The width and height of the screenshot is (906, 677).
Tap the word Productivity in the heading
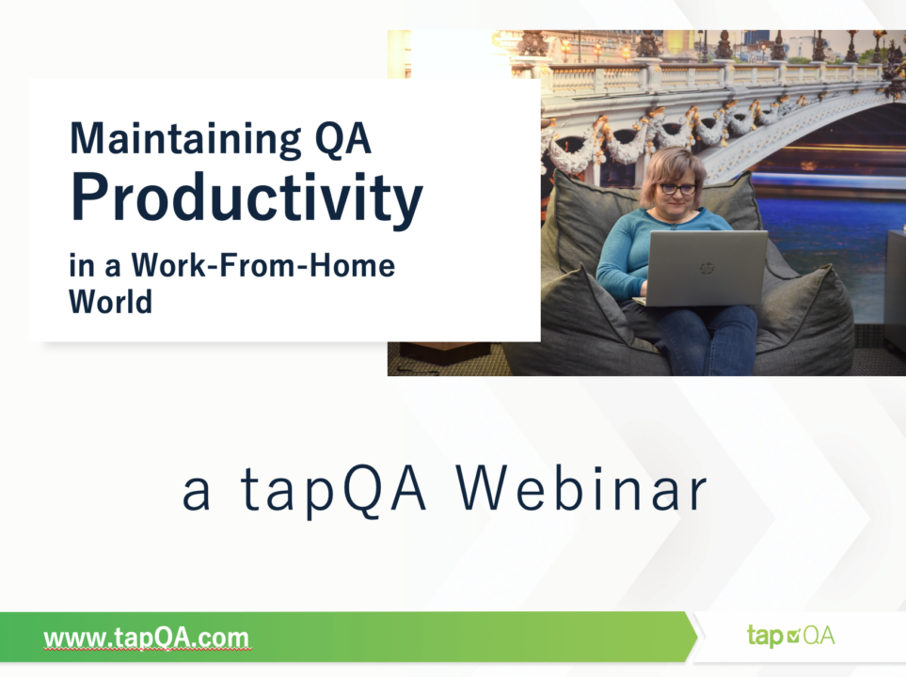(246, 198)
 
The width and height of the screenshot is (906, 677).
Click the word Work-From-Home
(263, 266)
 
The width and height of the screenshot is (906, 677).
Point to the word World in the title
(110, 302)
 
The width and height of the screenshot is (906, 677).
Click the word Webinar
(581, 489)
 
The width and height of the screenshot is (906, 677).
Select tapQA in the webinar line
(333, 491)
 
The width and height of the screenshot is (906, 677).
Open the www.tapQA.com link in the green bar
(146, 638)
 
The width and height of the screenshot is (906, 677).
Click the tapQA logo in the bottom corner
(790, 636)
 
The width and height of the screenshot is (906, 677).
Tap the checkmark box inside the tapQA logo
(793, 636)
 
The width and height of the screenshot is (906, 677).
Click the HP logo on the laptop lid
(707, 268)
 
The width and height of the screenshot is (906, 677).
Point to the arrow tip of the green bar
(697, 637)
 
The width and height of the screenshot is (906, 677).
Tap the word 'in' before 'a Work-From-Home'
(82, 266)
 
